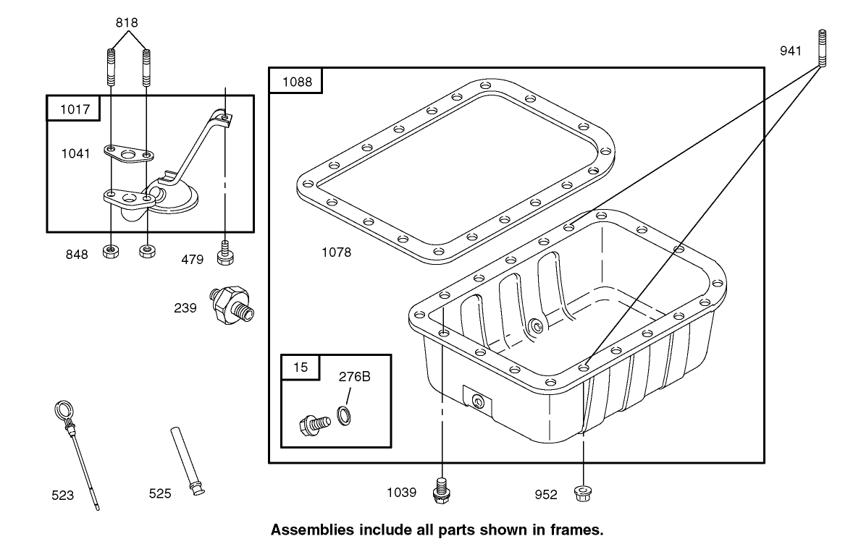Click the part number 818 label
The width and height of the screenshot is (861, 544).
coord(127,22)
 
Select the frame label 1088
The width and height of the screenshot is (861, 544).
coord(296,82)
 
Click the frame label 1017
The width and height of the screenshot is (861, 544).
coord(74,109)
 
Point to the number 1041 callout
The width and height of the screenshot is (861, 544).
coord(76,153)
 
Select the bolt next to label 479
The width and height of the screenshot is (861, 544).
coord(226,255)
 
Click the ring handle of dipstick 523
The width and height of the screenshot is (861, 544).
coord(64,415)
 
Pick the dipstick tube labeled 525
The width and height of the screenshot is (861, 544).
coord(186,461)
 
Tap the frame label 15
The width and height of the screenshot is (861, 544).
coord(300,367)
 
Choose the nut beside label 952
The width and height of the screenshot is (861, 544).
coord(582,493)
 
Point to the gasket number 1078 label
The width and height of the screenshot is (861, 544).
coord(336,252)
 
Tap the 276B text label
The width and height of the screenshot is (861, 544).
coord(355,376)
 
